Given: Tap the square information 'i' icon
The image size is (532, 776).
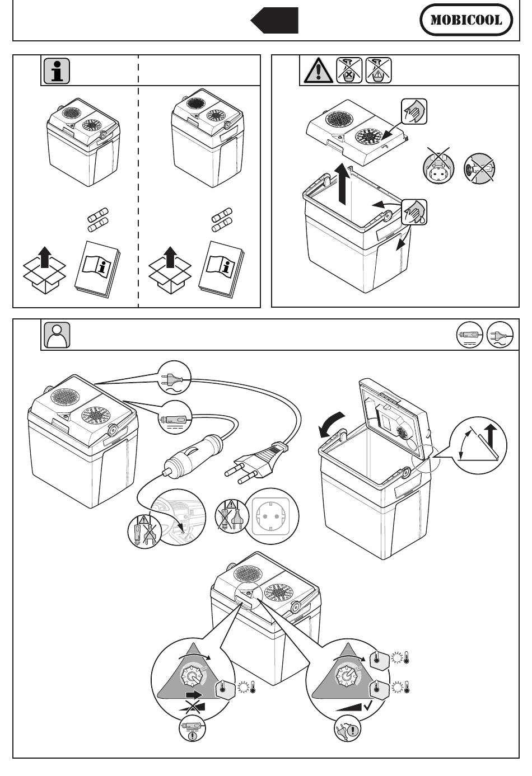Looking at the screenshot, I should (x=57, y=70).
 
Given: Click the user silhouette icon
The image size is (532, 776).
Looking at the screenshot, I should (x=57, y=335).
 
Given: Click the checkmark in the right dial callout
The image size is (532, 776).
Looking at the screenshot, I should (x=369, y=706).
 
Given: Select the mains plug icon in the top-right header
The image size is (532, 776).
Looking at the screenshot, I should (x=498, y=335).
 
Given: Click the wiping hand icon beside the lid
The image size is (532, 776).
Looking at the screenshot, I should (x=414, y=111).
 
